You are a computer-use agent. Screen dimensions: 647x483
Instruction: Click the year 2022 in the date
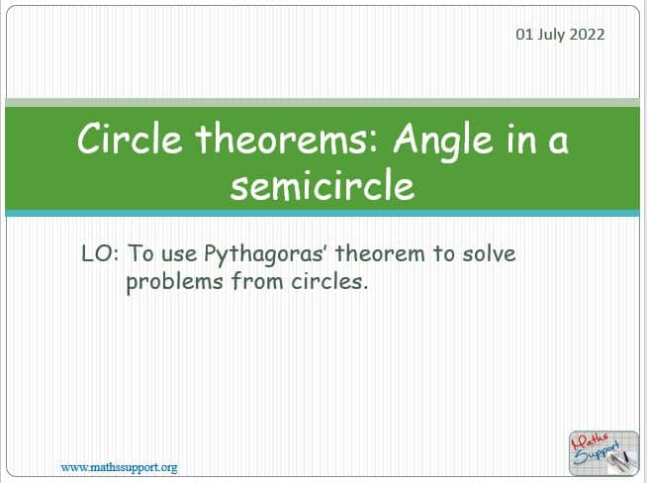click(x=588, y=34)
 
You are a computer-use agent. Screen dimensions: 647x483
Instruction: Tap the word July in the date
click(x=551, y=35)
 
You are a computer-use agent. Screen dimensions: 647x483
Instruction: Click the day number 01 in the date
click(x=524, y=34)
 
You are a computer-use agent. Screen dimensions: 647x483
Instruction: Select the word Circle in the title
click(x=130, y=139)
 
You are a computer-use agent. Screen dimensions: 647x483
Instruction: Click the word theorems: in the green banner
click(x=287, y=139)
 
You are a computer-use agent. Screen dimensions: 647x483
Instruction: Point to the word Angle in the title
click(x=443, y=141)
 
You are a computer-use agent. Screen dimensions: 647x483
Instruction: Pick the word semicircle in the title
click(x=323, y=185)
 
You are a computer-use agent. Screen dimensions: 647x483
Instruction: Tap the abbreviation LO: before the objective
click(x=100, y=253)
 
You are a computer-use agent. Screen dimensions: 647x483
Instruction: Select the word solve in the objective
click(x=489, y=253)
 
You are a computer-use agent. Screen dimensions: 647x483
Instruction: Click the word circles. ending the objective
click(x=329, y=281)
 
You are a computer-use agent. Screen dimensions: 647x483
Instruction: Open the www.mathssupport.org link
click(x=120, y=468)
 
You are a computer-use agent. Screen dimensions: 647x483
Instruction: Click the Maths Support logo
click(x=603, y=453)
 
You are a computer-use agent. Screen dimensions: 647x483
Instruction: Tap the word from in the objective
click(x=257, y=281)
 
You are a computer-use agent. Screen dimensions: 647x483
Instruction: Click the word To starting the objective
click(x=140, y=253)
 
